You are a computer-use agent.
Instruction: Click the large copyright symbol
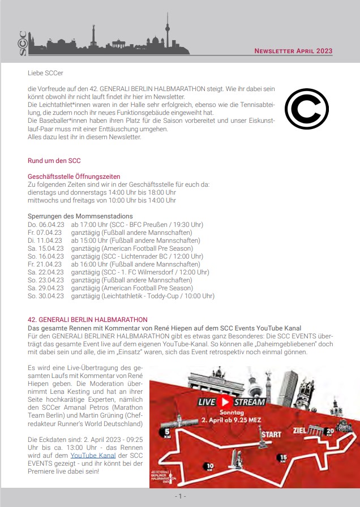tap(306, 108)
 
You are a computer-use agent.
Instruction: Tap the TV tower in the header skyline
tap(167, 31)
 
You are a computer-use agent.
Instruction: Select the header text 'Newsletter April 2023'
tap(293, 51)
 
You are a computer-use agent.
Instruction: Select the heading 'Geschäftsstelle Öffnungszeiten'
tap(74, 177)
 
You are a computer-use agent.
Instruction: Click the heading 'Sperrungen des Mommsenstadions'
tap(80, 216)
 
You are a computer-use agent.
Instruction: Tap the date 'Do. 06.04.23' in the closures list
tap(45, 225)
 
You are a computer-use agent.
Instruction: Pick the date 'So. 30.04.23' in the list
tap(45, 296)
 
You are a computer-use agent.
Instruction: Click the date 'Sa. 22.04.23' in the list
tap(45, 272)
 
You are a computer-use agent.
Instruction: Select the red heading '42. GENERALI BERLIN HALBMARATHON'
tap(87, 320)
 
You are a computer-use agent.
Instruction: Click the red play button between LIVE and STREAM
tap(225, 402)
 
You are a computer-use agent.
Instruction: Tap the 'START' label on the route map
tap(271, 435)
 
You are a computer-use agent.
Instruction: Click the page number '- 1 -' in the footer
tap(179, 496)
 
